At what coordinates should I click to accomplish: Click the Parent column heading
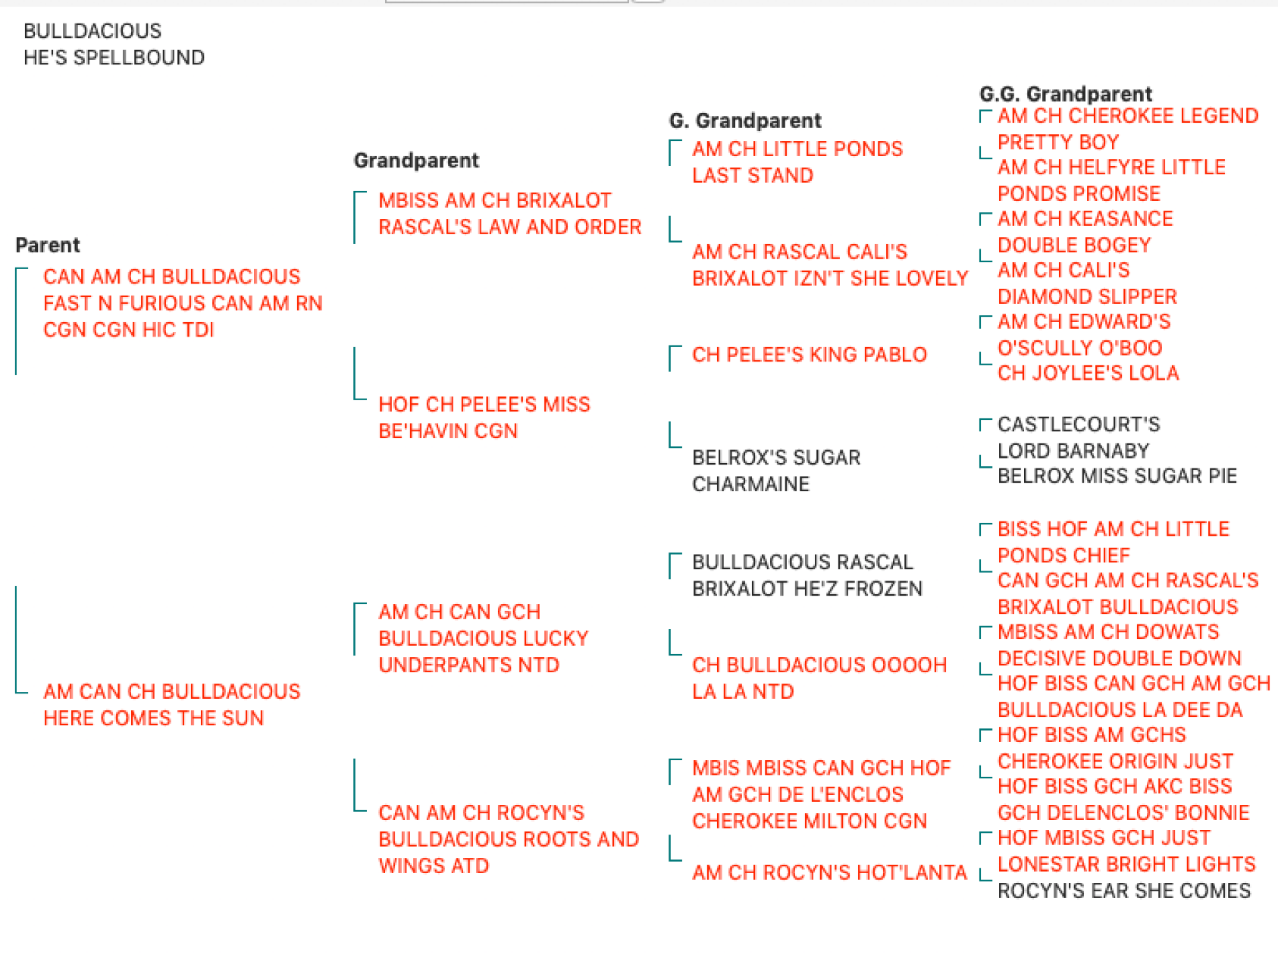[x=48, y=245]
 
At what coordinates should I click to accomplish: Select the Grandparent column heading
[x=416, y=160]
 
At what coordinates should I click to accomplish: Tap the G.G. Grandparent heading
[x=1065, y=94]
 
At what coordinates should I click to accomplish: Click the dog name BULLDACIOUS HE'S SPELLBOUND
[x=114, y=44]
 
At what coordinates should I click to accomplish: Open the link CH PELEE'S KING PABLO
[x=809, y=355]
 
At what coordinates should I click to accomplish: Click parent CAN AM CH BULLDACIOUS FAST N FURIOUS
[x=183, y=303]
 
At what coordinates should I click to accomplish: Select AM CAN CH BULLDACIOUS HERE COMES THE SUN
[x=171, y=705]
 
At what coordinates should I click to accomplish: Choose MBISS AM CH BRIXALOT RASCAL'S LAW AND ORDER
[x=509, y=214]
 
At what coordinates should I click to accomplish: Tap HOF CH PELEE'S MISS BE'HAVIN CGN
[x=484, y=418]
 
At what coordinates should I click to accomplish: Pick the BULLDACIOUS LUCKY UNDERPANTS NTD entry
[x=483, y=638]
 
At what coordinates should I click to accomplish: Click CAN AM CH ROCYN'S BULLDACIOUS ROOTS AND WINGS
[x=509, y=839]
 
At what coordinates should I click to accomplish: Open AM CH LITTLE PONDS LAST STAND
[x=797, y=162]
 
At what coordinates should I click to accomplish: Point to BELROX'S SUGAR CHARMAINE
[x=776, y=471]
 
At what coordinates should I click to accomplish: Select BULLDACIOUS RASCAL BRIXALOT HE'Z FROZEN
[x=807, y=575]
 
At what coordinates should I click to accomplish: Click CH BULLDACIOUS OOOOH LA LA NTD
[x=819, y=678]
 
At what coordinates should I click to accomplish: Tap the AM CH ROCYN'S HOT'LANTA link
[x=829, y=872]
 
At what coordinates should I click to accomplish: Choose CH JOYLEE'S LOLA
[x=1088, y=373]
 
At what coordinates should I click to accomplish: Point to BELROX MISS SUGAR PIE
[x=1117, y=476]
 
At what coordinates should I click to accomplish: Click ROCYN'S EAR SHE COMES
[x=1123, y=891]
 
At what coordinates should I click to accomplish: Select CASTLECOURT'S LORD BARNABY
[x=1079, y=437]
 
